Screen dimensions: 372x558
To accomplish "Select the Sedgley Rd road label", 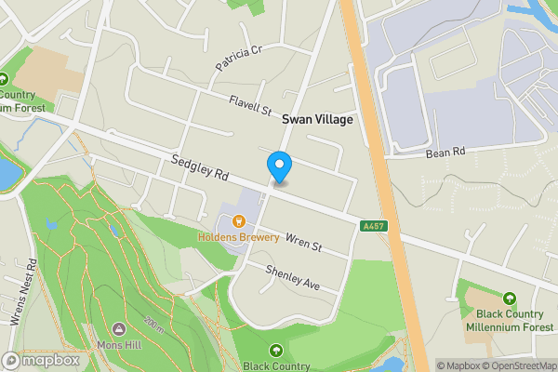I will [200, 168].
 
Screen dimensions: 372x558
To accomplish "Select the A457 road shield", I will [374, 225].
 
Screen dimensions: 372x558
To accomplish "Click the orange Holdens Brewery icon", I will [239, 221].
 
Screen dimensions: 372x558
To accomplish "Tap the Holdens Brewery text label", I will [238, 237].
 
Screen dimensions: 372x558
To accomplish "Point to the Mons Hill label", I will [120, 343].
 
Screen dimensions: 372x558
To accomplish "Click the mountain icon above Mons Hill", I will [120, 328].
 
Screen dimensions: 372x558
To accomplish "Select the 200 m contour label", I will [154, 325].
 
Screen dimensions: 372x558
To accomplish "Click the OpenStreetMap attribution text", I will [516, 365].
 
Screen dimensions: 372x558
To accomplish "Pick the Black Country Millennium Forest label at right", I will [510, 320].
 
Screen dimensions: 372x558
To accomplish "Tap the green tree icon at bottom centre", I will [276, 351].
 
